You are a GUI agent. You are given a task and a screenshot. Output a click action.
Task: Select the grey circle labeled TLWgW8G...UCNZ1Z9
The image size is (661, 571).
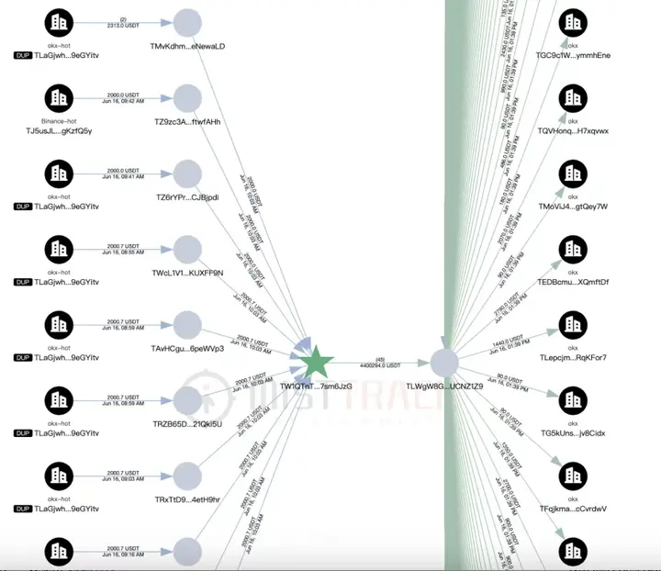point(444,362)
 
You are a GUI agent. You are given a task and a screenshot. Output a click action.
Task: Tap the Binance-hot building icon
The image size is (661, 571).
point(59,98)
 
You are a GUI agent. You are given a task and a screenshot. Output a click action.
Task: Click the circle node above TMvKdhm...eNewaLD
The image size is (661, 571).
point(187,23)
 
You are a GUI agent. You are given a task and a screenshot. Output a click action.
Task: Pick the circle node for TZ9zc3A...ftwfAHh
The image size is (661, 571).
point(187,98)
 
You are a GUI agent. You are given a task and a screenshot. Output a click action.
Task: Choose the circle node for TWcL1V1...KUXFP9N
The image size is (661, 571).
point(187,249)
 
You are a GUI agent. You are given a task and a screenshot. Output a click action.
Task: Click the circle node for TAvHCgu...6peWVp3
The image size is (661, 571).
point(187,324)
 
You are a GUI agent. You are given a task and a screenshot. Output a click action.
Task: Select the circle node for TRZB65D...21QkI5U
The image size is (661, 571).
point(187,399)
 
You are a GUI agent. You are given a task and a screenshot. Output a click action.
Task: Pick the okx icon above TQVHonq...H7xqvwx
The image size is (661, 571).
point(573,98)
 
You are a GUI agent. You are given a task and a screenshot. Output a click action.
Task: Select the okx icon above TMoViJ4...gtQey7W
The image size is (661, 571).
point(573,174)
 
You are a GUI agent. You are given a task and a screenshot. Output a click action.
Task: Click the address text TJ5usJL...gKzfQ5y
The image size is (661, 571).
point(60,130)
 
